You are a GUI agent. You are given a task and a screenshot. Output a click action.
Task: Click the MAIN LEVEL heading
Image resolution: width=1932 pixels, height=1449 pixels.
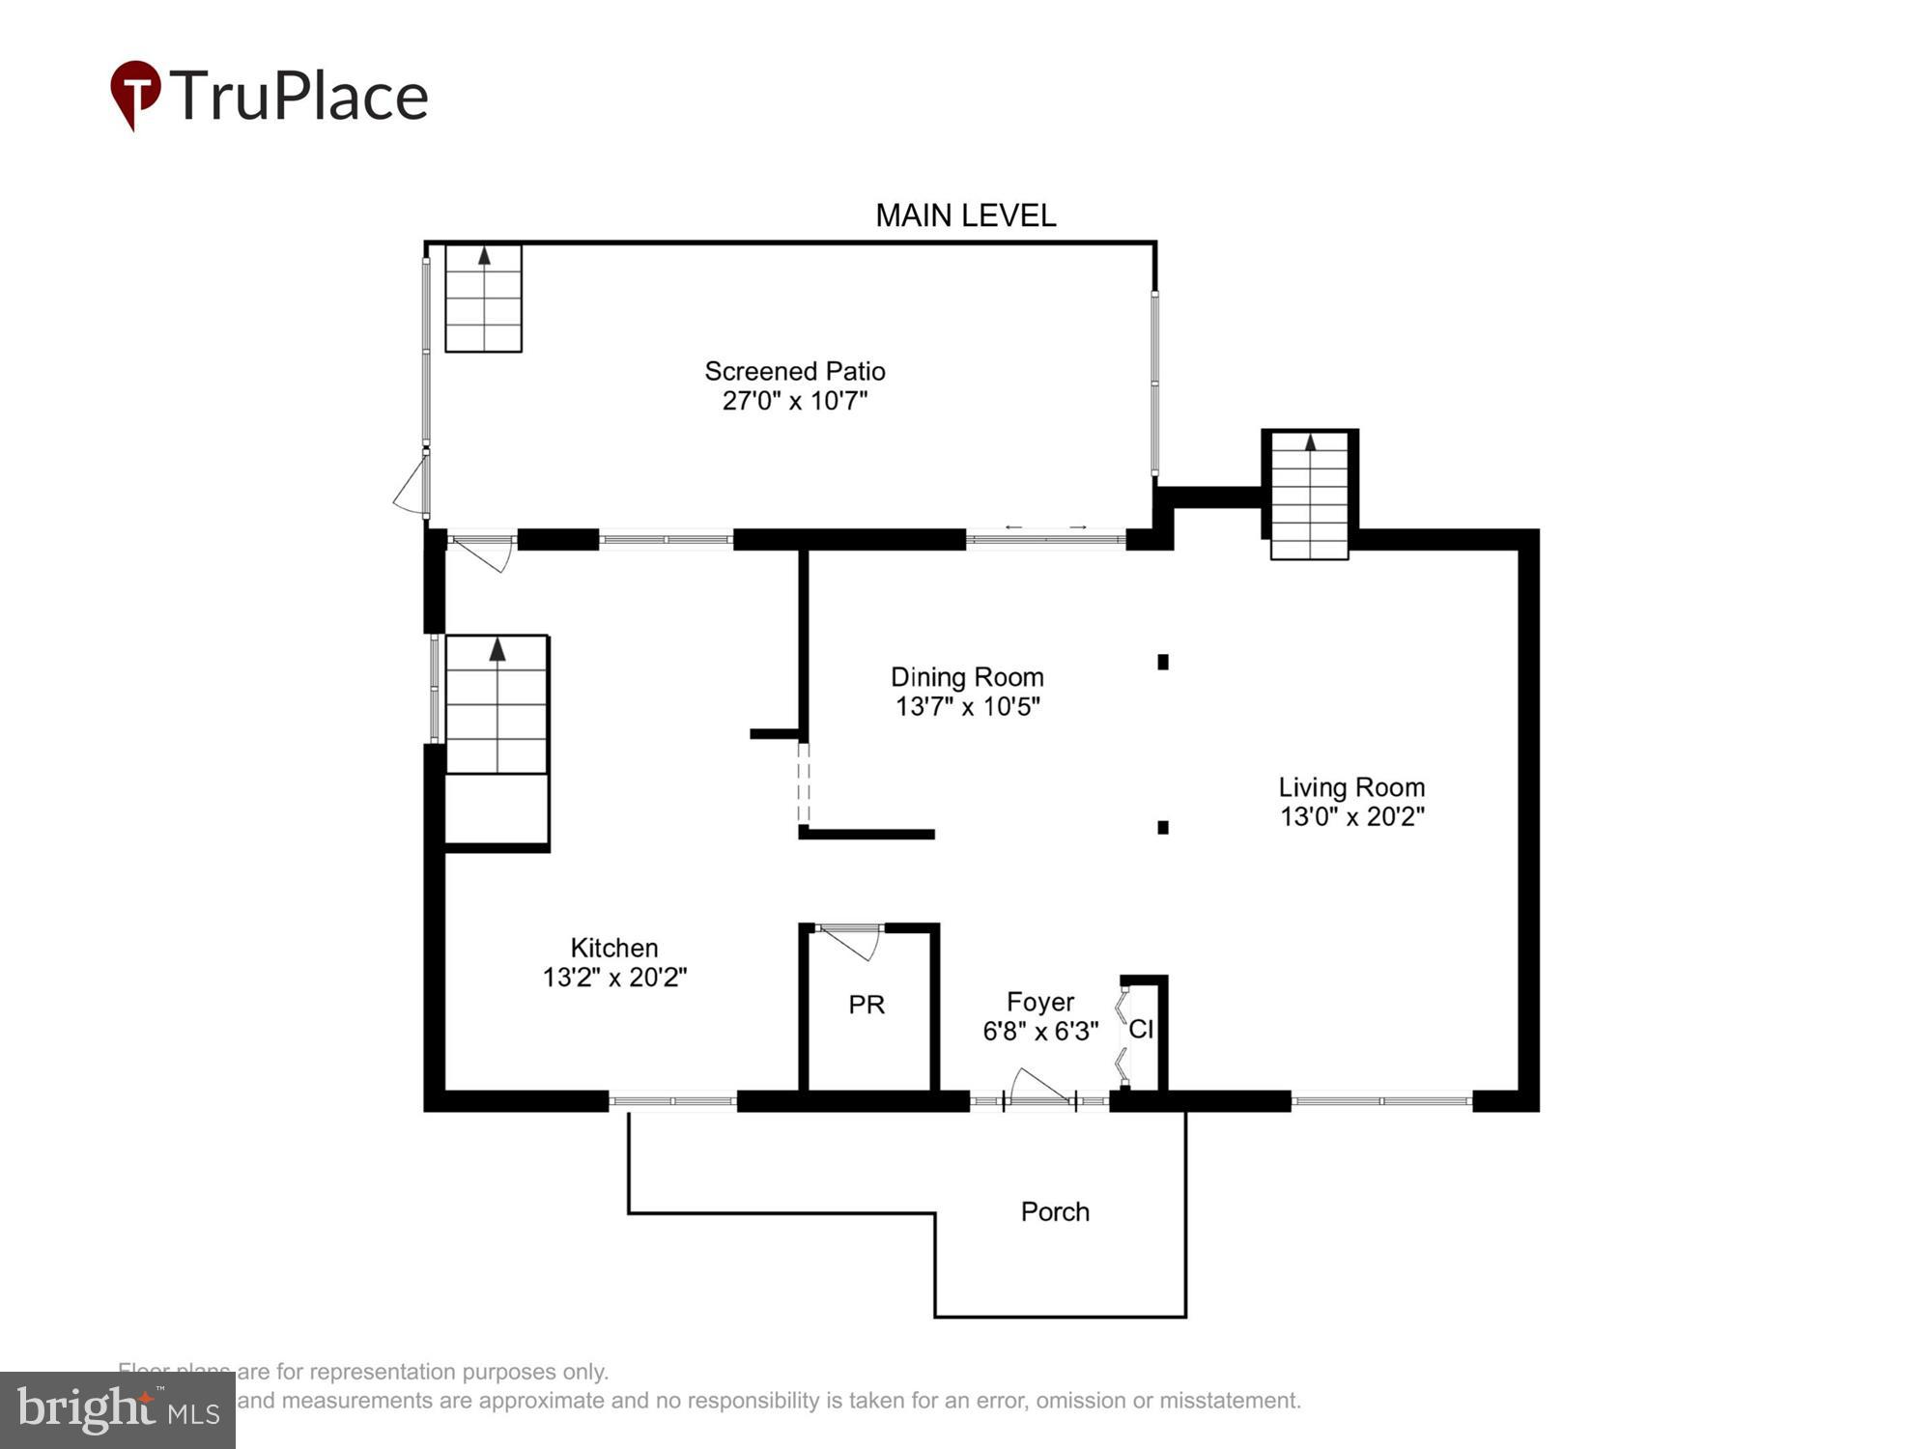[x=965, y=215]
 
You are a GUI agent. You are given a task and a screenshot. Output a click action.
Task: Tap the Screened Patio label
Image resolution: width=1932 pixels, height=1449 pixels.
[x=794, y=371]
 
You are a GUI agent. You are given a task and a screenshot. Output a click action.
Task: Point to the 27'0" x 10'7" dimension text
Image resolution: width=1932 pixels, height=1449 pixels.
[x=794, y=401]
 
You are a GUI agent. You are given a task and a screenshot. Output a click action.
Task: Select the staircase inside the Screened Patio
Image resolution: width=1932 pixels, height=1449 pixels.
[x=483, y=298]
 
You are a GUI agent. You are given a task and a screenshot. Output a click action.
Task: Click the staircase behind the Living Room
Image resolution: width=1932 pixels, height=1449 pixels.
[x=1309, y=496]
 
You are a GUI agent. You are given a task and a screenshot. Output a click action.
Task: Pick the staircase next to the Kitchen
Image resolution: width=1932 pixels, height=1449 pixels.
[x=497, y=704]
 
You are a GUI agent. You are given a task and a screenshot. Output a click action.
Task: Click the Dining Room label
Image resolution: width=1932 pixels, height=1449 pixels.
[x=966, y=676]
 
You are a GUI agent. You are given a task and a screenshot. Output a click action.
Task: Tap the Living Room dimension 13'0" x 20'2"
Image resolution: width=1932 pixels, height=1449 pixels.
[x=1351, y=817]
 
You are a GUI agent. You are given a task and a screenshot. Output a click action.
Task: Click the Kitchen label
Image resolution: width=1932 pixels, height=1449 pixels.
[x=614, y=948]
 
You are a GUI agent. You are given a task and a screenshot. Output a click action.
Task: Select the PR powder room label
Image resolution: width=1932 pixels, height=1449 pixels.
[x=867, y=1005]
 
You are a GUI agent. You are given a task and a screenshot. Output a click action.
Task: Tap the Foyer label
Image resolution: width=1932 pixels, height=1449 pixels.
[x=1039, y=1002]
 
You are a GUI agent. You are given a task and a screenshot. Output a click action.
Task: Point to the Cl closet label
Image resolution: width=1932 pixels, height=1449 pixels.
[x=1141, y=1030]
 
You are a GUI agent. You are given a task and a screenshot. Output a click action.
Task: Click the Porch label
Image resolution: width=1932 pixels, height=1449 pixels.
[x=1055, y=1211]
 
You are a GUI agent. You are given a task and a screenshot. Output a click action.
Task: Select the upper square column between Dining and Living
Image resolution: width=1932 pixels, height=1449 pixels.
[x=1163, y=662]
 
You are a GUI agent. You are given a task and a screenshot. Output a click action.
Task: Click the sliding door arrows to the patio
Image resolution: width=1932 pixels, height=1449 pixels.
[x=1045, y=527]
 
